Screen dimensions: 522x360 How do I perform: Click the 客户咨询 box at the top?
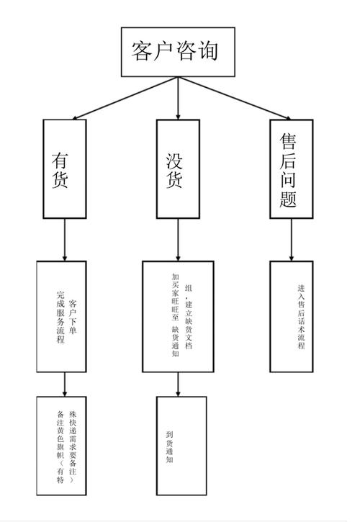coord(178,52)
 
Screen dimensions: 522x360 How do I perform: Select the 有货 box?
coord(65,167)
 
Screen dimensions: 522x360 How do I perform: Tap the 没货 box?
coord(178,167)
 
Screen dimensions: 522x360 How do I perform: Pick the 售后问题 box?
coord(292,167)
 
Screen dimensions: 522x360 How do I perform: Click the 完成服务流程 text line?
coord(60,318)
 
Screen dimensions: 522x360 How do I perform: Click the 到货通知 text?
coord(169,446)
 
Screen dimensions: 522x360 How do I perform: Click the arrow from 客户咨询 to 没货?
coord(178,98)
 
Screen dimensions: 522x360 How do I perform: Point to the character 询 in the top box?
coord(208,52)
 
